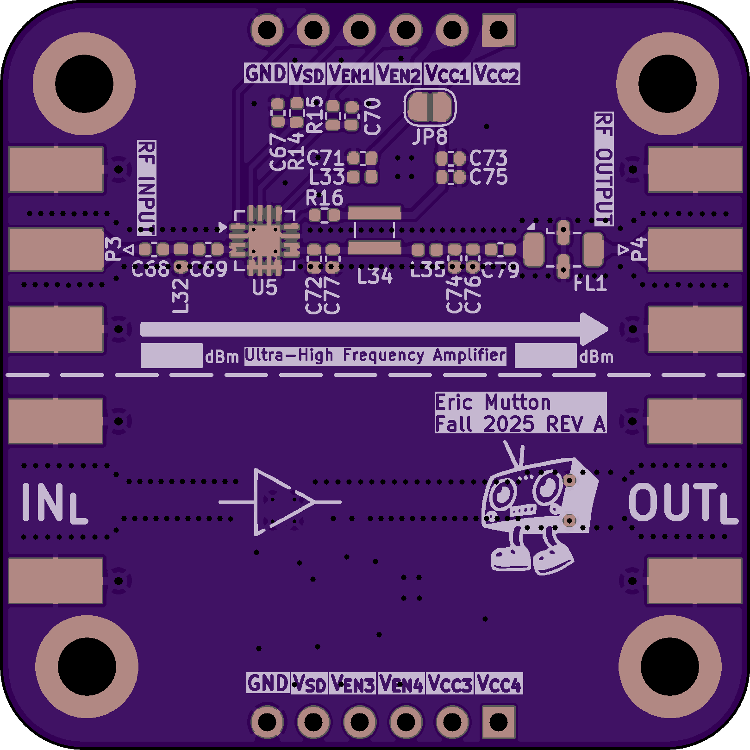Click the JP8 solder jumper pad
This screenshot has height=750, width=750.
point(430,107)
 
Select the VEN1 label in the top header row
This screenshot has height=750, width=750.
point(350,74)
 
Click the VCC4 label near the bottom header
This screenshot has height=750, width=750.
point(499,684)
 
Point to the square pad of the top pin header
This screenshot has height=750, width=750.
point(499,30)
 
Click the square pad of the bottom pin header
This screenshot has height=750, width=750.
point(499,721)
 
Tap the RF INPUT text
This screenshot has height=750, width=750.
point(146,187)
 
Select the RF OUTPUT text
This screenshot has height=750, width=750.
point(604,169)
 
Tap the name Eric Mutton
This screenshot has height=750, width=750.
point(493,402)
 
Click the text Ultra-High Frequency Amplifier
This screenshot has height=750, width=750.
point(375,356)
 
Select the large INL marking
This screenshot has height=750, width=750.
point(55,503)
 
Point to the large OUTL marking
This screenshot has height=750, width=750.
point(682,503)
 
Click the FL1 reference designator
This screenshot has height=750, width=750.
point(590,283)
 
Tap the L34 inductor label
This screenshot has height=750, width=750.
point(375,276)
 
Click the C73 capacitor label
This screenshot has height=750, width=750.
point(488,158)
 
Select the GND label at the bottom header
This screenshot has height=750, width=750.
point(268,683)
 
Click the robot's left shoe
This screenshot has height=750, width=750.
point(511,559)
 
